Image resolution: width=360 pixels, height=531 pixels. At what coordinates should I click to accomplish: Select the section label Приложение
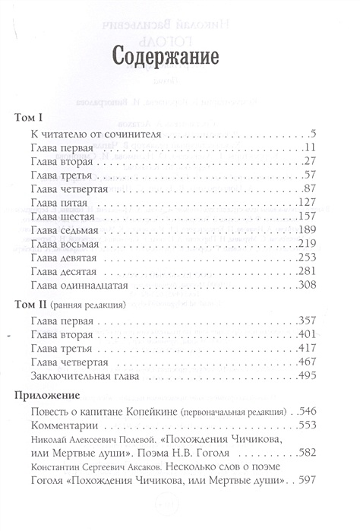pos(48,396)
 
